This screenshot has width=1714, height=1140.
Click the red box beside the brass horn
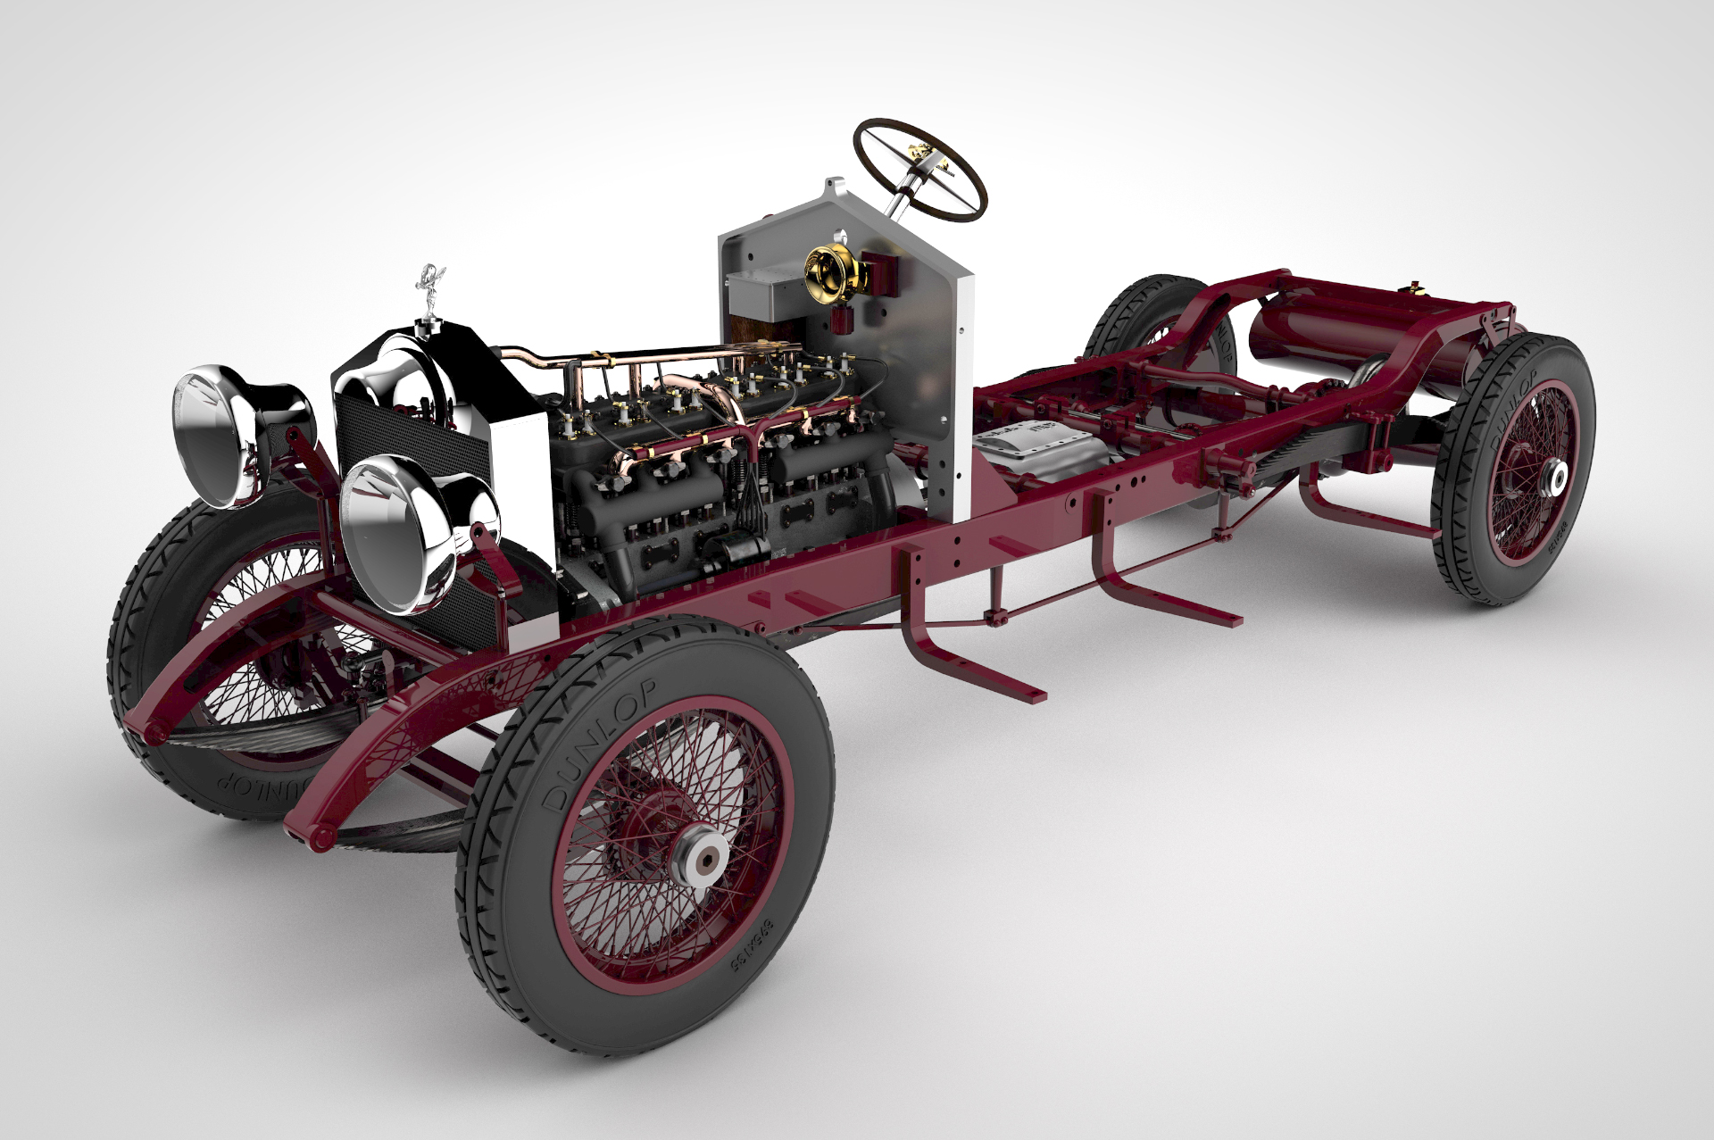878,273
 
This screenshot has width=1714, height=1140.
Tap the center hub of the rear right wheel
1557,479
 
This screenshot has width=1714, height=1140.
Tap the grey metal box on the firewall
763,295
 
